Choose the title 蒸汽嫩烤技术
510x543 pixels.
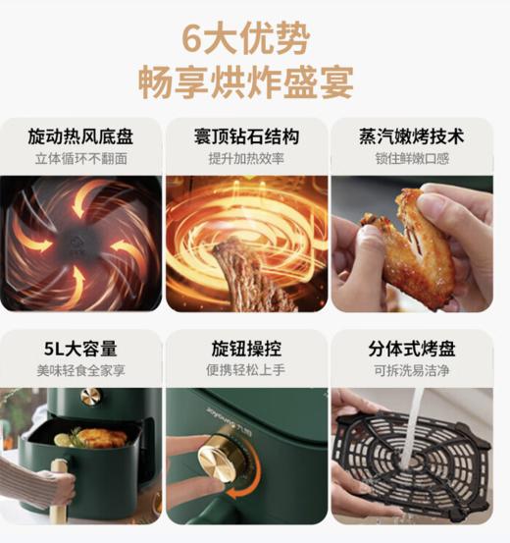point(412,136)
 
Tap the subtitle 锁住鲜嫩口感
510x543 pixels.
point(412,158)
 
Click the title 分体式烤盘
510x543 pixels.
point(412,349)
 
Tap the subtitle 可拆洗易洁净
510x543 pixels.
point(412,370)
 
